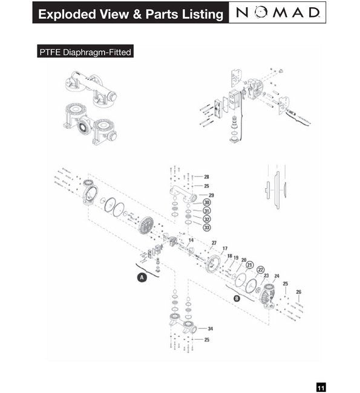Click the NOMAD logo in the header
pyautogui.click(x=278, y=13)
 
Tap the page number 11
pyautogui.click(x=321, y=388)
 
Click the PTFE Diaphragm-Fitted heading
pyautogui.click(x=85, y=52)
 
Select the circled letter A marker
pyautogui.click(x=142, y=278)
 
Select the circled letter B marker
pyautogui.click(x=237, y=298)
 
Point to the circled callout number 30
pyautogui.click(x=207, y=203)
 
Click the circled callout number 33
pyautogui.click(x=207, y=227)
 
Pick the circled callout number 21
pyautogui.click(x=249, y=265)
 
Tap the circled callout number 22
pyautogui.click(x=261, y=270)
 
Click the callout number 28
pyautogui.click(x=206, y=177)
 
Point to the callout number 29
pyautogui.click(x=212, y=195)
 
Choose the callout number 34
pyautogui.click(x=211, y=328)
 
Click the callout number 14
pyautogui.click(x=191, y=240)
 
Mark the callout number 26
pyautogui.click(x=298, y=292)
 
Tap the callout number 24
pyautogui.click(x=277, y=276)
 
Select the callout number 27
pyautogui.click(x=214, y=243)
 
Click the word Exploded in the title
pyautogui.click(x=67, y=14)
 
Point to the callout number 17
pyautogui.click(x=225, y=248)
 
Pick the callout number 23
pyautogui.click(x=266, y=276)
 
